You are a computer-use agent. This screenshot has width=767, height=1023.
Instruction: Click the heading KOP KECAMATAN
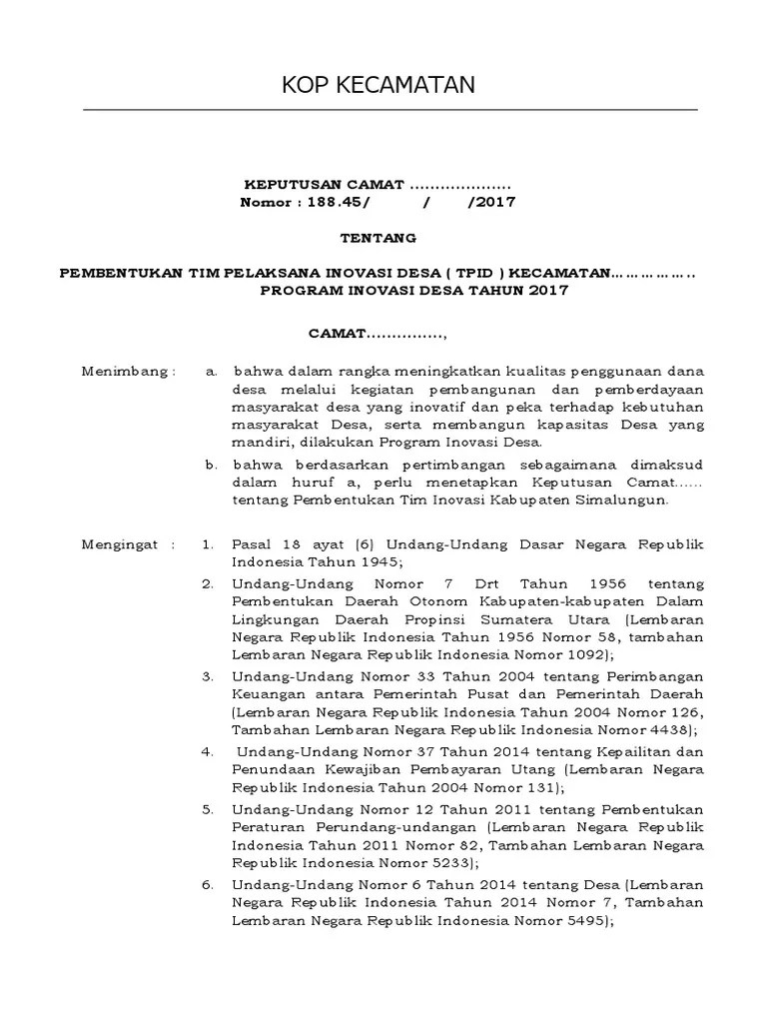tap(378, 87)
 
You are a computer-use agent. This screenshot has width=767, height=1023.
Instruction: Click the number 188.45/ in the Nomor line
tap(337, 203)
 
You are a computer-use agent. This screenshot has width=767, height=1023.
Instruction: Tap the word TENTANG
tap(379, 240)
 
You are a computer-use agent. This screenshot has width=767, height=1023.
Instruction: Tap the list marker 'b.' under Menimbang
tap(212, 465)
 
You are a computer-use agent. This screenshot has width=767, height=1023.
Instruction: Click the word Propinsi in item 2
tap(448, 619)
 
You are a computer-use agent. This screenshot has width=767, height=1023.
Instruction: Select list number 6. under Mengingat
tap(208, 884)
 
